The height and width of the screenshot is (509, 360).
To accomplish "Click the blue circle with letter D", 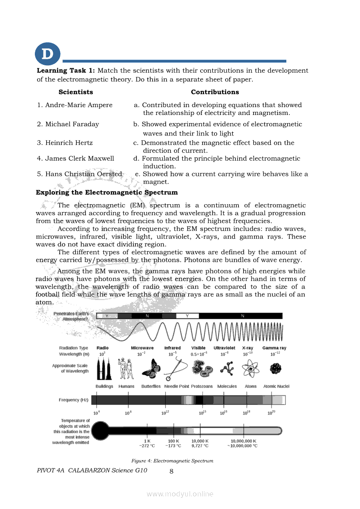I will click(x=47, y=55).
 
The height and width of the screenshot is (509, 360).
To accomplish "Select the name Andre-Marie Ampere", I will click(x=75, y=105).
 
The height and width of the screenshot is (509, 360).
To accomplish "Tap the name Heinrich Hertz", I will click(x=65, y=143).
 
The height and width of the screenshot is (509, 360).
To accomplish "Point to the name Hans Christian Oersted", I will click(x=79, y=174).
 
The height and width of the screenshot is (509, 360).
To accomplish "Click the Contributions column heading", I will click(x=215, y=92).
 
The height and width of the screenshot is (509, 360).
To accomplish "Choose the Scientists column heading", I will click(x=76, y=92).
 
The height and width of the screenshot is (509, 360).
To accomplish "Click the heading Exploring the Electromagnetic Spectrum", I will click(x=107, y=192).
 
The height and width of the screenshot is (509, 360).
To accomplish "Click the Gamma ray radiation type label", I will click(x=274, y=348).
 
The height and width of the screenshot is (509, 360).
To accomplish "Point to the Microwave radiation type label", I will click(x=142, y=348).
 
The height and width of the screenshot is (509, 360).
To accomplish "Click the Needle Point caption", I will click(x=177, y=387).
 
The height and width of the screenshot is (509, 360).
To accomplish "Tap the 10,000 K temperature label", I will click(x=200, y=441).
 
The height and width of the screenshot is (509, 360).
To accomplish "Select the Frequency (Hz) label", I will click(x=69, y=400).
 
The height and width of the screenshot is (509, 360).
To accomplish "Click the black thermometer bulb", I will click(x=101, y=431).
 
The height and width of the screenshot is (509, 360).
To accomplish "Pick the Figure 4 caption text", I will click(x=173, y=461).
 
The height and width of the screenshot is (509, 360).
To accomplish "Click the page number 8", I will click(x=171, y=471).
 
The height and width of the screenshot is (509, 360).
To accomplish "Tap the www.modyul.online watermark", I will click(x=180, y=494).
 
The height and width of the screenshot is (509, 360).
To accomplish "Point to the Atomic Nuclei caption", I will click(x=276, y=387).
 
